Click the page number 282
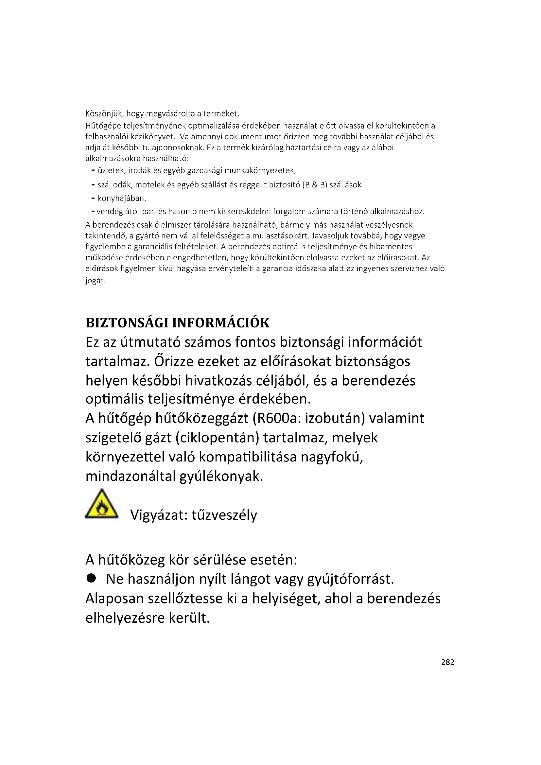click(447, 662)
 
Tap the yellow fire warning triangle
click(102, 505)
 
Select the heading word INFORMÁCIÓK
click(220, 323)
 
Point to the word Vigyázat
click(157, 515)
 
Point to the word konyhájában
click(122, 199)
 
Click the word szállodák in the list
click(114, 185)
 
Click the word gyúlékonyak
click(221, 476)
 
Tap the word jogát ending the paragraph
click(95, 281)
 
